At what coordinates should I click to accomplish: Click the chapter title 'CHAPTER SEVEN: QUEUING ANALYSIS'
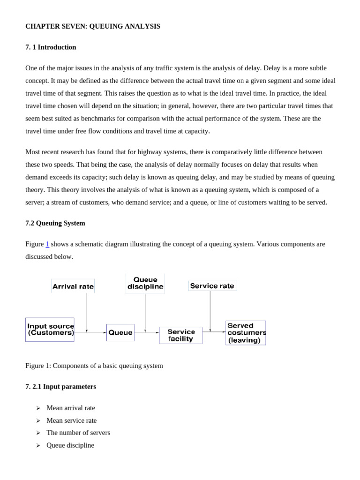tap(92, 26)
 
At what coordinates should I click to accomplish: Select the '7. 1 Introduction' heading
tap(51, 47)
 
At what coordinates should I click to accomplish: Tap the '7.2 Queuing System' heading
tap(55, 223)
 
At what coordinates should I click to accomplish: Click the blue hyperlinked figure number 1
tap(47, 244)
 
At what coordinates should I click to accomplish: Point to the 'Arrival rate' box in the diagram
tap(73, 286)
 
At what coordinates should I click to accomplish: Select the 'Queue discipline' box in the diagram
tap(145, 283)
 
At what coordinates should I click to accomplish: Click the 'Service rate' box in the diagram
tap(212, 285)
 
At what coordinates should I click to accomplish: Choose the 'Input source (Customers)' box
tap(50, 330)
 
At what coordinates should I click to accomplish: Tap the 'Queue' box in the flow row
tap(120, 332)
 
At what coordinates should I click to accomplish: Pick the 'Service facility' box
tap(181, 335)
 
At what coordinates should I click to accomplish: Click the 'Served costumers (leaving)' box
tap(246, 333)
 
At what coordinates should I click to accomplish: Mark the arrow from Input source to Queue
tap(90, 333)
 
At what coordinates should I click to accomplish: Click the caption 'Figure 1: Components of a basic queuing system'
tap(94, 366)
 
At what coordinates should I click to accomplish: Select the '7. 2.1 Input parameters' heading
tap(60, 387)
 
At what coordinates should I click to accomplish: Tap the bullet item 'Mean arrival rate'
tap(71, 408)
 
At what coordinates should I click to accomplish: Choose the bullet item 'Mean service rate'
tap(71, 420)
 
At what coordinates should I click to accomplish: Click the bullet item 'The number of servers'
tap(78, 433)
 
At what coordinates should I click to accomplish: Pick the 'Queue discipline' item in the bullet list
tap(70, 445)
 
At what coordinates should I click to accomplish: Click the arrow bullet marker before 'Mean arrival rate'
tap(38, 408)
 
